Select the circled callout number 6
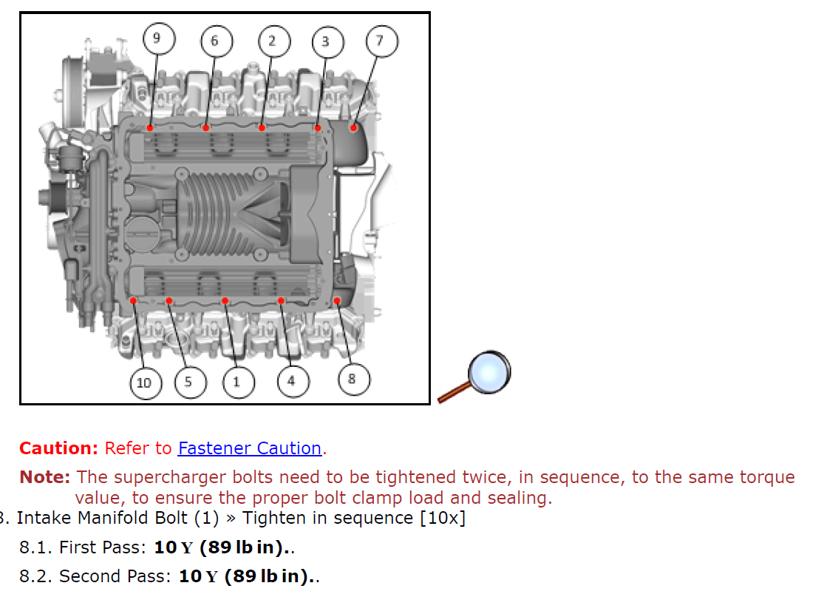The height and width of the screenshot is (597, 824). point(214,40)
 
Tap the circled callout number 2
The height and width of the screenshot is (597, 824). point(272,40)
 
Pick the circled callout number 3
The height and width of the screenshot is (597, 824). point(326,41)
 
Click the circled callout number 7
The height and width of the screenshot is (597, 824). point(380,40)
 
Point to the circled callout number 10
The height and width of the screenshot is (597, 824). point(143,382)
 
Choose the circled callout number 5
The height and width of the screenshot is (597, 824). point(188,382)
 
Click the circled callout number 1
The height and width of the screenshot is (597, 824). point(236,382)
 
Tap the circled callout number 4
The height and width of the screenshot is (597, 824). point(291,381)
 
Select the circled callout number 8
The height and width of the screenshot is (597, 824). point(351,379)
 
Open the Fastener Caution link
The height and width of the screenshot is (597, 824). point(250,448)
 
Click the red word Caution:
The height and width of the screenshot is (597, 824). point(58,448)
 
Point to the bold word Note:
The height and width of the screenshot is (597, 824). point(44,478)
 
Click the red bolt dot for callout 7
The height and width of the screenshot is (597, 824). point(353,128)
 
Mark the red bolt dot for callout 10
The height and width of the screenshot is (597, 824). point(133,300)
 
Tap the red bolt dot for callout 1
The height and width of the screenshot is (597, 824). point(225,300)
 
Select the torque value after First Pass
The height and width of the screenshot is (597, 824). point(219,548)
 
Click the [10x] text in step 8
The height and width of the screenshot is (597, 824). point(443,518)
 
